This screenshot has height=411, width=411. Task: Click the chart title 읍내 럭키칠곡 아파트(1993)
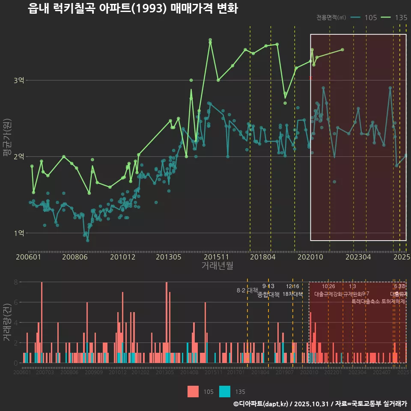pos(133,9)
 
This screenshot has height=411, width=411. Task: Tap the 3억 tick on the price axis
pos(19,80)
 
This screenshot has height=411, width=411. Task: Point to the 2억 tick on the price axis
pos(19,157)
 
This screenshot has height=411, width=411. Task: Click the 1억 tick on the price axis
pos(19,233)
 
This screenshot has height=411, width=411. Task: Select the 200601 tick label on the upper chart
pos(28,257)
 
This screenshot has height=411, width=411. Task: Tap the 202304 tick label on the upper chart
pos(358,257)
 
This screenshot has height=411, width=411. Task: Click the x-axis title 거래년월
pos(217,266)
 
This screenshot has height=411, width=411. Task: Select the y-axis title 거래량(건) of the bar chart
pos(7,322)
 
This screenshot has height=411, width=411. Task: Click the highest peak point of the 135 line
pos(210,40)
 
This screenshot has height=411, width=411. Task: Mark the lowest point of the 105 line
pos(88,240)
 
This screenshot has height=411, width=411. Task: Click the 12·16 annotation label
pos(292,286)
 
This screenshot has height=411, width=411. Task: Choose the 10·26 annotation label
pos(328,286)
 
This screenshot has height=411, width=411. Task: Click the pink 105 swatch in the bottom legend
pos(193,391)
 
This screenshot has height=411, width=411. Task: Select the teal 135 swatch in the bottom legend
pos(225,391)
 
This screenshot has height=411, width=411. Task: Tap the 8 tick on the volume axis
pos(15,282)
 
